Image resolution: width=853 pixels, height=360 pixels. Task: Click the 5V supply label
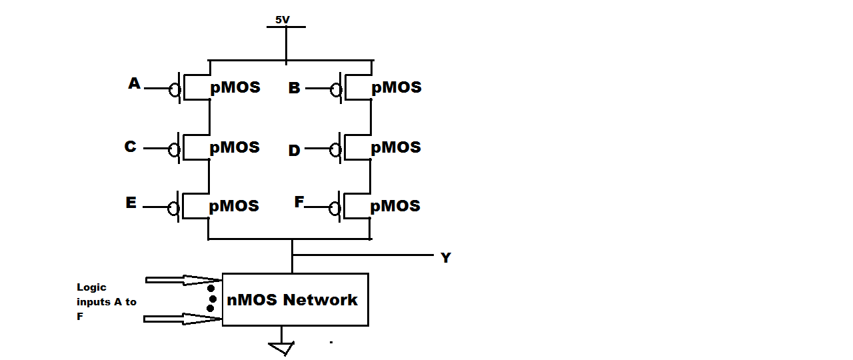click(x=283, y=20)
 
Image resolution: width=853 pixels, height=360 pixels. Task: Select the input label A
click(x=135, y=83)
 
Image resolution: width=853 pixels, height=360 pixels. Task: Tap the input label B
click(x=294, y=88)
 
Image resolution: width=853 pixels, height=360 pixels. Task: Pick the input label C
click(x=131, y=147)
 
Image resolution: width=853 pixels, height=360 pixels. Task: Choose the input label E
click(x=131, y=203)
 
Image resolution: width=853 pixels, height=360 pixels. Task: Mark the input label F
click(x=299, y=202)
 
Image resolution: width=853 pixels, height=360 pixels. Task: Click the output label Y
click(x=445, y=258)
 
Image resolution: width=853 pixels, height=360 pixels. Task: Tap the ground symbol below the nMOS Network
click(x=281, y=348)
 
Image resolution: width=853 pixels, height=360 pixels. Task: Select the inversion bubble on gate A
click(x=174, y=89)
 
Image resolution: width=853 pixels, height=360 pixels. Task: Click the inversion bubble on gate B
click(x=337, y=89)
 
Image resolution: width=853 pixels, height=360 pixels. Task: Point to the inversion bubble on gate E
click(x=174, y=209)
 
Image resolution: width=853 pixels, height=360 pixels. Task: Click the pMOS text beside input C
click(x=235, y=147)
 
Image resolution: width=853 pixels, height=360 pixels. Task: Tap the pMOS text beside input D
click(x=396, y=147)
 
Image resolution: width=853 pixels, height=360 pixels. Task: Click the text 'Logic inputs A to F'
click(x=106, y=302)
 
